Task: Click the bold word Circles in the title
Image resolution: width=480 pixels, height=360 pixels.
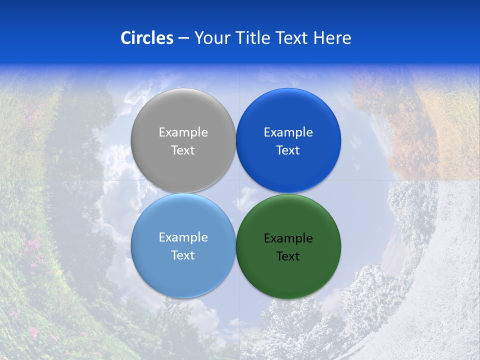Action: click(x=146, y=38)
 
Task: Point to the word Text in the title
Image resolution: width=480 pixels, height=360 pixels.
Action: click(x=292, y=38)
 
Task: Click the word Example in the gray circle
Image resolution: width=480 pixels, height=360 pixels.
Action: click(x=183, y=132)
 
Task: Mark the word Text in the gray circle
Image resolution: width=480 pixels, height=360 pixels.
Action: click(x=183, y=150)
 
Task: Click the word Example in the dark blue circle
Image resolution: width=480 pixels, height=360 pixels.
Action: click(x=288, y=132)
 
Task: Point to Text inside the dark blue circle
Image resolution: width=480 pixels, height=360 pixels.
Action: click(x=288, y=150)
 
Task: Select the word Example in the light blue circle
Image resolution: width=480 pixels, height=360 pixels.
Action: click(x=183, y=237)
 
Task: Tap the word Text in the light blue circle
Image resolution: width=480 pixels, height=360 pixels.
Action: click(x=183, y=255)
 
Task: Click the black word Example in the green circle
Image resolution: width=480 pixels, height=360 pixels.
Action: click(x=288, y=238)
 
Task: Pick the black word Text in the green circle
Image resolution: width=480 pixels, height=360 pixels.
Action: click(x=288, y=256)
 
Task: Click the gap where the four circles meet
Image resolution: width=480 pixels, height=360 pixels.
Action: click(x=236, y=193)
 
